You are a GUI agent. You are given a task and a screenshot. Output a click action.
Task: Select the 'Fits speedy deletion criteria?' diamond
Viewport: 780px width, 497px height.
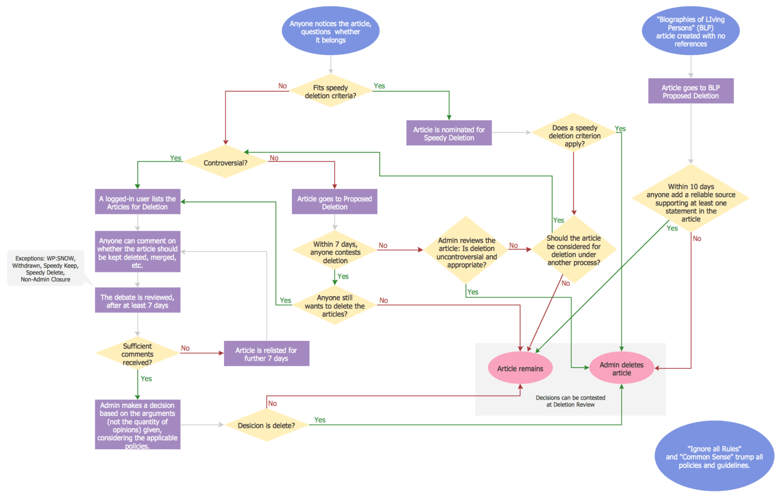331,91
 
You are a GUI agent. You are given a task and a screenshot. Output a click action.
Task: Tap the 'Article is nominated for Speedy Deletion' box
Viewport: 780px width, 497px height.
449,133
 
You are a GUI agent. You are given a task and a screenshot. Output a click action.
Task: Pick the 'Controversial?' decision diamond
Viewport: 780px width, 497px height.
225,163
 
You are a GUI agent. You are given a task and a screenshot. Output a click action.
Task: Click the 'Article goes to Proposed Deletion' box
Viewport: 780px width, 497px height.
335,202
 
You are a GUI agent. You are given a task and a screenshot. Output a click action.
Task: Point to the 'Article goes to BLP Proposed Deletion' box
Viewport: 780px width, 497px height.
691,91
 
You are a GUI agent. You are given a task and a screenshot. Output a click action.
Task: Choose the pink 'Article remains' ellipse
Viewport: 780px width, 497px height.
520,368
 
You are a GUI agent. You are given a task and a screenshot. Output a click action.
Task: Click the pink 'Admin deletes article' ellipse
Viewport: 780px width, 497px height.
622,368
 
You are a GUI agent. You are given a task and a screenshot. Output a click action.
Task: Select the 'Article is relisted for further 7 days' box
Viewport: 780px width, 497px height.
267,354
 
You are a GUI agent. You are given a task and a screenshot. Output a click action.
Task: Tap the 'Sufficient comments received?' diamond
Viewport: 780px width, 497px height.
137,354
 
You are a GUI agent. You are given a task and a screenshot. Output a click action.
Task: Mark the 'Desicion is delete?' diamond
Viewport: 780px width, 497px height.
267,425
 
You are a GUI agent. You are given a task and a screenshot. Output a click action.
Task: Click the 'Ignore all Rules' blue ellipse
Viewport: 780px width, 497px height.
714,457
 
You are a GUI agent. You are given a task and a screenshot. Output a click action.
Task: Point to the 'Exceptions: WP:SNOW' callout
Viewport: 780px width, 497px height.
46,268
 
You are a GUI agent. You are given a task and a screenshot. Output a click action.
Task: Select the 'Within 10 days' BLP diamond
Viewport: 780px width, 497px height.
691,202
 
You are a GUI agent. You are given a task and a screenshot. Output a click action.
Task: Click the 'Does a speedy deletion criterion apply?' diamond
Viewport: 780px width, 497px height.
574,136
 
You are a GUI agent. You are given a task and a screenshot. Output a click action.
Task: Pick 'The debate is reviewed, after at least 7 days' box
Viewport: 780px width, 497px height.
137,301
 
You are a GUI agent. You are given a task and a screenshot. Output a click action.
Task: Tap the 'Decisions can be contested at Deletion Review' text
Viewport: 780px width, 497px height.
570,401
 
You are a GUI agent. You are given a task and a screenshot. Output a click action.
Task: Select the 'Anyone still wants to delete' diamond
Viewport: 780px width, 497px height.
335,305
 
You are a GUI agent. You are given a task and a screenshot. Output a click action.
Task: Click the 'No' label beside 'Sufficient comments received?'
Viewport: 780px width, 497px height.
185,348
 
